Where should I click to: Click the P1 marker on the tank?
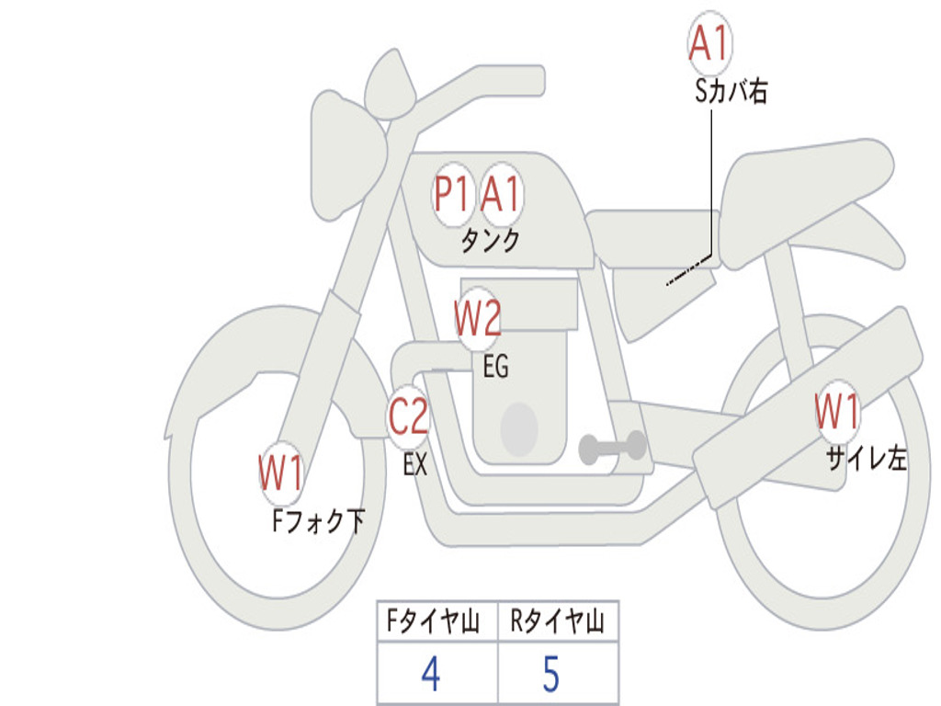[451, 195]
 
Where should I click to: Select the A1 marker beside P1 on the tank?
[500, 195]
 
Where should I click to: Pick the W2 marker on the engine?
[478, 318]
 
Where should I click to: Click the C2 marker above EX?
[408, 416]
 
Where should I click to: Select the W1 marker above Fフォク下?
[281, 473]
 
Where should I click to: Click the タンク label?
[490, 240]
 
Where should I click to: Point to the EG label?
[495, 366]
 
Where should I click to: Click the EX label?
[415, 464]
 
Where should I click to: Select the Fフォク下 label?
[318, 520]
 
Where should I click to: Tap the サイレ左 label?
[866, 458]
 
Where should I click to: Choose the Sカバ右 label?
[731, 91]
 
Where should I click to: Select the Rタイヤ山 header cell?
[558, 621]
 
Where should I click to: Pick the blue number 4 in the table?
[431, 674]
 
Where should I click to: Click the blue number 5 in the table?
[551, 674]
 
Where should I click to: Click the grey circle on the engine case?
[519, 429]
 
